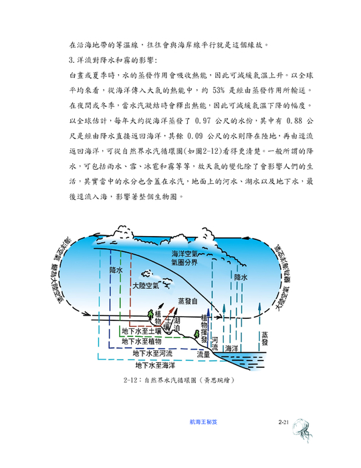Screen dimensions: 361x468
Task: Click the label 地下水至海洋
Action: (155, 365)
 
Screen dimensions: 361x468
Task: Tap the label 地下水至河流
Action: (152, 354)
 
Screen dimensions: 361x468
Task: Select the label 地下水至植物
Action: (142, 341)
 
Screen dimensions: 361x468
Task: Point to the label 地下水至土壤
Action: (142, 331)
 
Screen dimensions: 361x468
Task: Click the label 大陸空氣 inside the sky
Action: (146, 285)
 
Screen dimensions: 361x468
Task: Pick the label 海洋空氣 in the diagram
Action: (185, 254)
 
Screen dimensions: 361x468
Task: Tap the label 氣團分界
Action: (185, 262)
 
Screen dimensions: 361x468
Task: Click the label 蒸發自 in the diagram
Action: (188, 301)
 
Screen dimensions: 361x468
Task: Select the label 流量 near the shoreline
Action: (203, 354)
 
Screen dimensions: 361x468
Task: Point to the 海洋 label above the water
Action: (231, 348)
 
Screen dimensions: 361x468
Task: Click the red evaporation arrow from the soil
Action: (167, 316)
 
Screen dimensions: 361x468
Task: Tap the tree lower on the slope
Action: (197, 334)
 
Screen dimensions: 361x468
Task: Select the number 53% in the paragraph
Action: (219, 90)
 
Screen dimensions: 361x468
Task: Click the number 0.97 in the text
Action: (203, 121)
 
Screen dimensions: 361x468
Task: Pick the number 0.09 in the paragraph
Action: (195, 136)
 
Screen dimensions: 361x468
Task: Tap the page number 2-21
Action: (283, 422)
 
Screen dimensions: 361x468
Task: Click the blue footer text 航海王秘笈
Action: (203, 422)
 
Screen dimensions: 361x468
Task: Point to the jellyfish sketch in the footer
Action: (302, 429)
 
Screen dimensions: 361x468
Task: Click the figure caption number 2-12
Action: (130, 380)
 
